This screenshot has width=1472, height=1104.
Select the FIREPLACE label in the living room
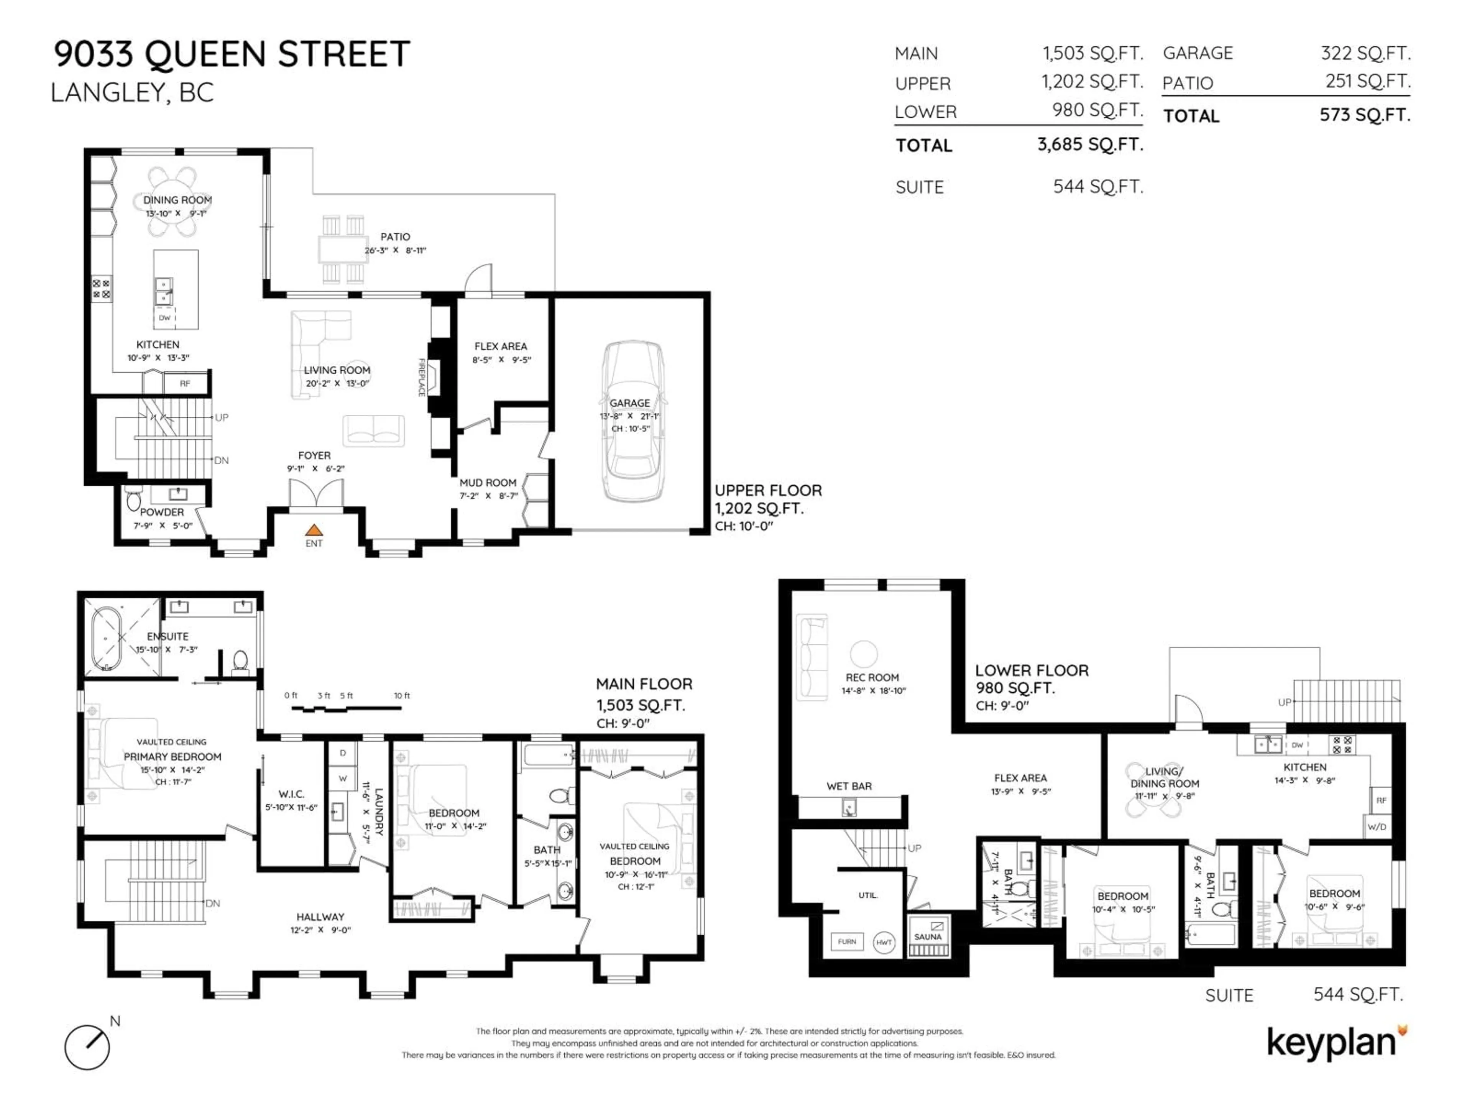pyautogui.click(x=421, y=377)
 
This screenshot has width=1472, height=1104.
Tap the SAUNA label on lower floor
pyautogui.click(x=928, y=936)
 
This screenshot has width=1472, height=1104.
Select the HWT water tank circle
pyautogui.click(x=884, y=942)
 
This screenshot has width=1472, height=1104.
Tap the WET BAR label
pyautogui.click(x=849, y=786)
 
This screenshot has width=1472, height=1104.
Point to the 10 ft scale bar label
pyautogui.click(x=402, y=695)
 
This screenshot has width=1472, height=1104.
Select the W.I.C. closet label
pyautogui.click(x=291, y=794)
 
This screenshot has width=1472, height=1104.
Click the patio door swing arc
pyautogui.click(x=478, y=279)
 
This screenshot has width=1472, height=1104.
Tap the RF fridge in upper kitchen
pyautogui.click(x=185, y=383)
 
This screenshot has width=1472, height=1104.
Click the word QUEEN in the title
pyautogui.click(x=206, y=54)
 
